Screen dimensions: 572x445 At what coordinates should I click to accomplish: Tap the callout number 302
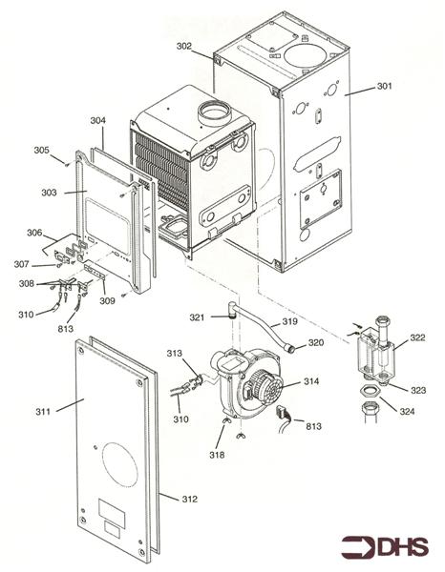183,45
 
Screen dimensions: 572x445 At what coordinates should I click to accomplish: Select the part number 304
97,121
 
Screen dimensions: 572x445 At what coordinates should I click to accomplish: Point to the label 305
41,150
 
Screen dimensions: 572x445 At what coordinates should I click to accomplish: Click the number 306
34,233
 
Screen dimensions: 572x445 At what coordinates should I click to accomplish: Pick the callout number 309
108,301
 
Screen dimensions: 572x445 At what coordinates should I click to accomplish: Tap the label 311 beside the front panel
44,411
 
